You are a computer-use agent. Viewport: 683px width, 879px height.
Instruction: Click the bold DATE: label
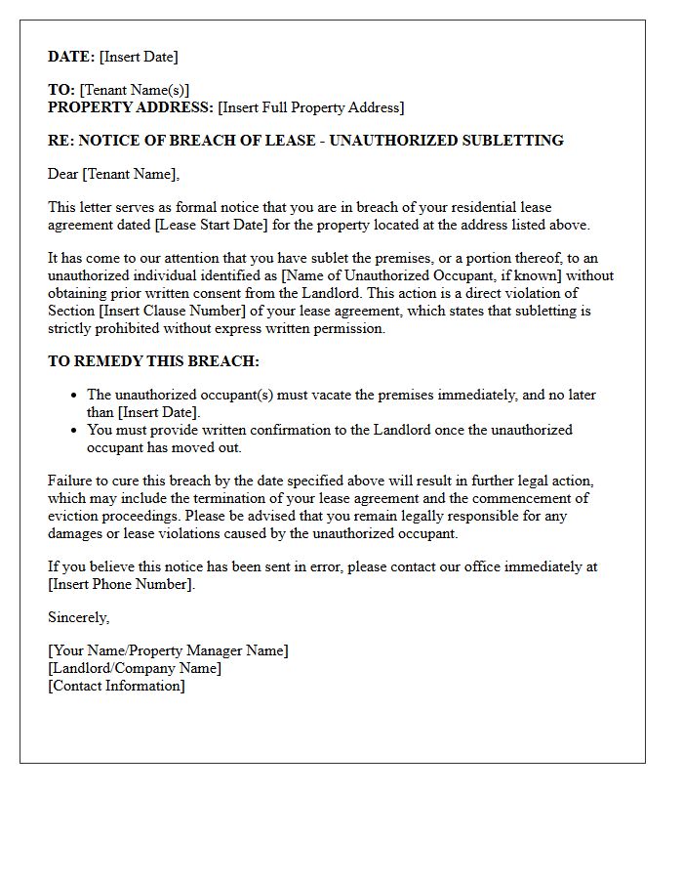tap(71, 57)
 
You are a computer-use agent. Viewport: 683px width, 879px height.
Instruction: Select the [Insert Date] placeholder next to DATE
tap(139, 57)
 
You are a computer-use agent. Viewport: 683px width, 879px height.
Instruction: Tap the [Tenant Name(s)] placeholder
tap(135, 90)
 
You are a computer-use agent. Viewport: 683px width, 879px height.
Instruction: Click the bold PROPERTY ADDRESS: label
tap(131, 107)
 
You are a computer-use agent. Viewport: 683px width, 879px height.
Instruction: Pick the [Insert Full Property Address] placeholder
tap(310, 107)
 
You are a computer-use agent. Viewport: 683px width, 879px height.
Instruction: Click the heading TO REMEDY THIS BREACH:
tap(153, 361)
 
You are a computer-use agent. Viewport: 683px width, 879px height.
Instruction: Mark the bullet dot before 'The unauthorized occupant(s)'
tap(75, 396)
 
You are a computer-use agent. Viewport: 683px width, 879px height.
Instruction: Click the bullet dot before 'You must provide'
tap(75, 431)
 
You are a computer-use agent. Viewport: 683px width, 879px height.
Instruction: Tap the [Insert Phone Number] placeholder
tap(121, 584)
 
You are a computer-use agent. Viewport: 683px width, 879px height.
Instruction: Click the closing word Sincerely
tap(78, 617)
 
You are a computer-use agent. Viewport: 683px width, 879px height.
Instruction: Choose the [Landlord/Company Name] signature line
tap(135, 668)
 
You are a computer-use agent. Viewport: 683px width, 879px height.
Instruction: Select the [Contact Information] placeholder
tap(116, 686)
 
